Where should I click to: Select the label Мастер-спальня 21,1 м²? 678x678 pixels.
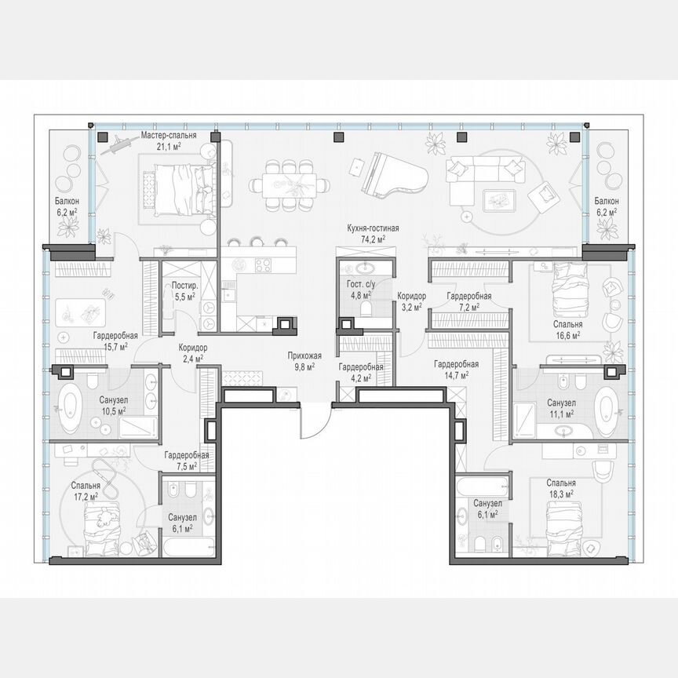pos(168,140)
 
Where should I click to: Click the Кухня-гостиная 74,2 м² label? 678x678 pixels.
pos(374,233)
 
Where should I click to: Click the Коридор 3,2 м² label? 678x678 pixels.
pos(411,301)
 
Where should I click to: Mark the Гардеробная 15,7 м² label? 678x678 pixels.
pos(111,341)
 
